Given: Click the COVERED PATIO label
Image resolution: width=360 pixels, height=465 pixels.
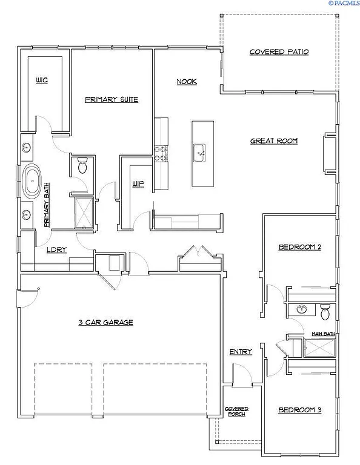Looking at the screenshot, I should pos(279,52).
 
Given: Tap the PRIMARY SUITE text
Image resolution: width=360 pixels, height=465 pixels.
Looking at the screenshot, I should pos(112,99).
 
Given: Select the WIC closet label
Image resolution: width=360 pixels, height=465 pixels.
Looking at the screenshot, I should pos(41,79).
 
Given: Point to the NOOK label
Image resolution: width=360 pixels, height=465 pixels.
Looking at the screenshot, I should pos(187,82).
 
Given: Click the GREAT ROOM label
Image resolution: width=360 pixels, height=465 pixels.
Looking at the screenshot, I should pos(275,141).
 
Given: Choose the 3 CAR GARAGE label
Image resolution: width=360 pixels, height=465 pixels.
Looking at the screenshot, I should pos(105,322).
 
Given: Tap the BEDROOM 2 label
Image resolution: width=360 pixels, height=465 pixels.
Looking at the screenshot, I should pos(299,247).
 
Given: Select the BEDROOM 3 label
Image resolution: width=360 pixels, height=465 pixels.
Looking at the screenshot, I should pos(299,410).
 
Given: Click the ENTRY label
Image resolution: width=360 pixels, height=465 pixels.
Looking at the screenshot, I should pos(241,352).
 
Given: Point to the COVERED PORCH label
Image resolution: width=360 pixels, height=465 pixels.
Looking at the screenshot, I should pos(236,412).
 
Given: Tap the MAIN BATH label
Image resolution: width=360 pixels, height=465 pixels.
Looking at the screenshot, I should pos(323,334).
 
